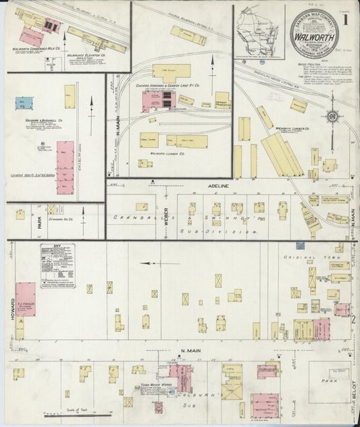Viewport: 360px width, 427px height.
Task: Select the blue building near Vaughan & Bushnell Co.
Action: pos(21,104)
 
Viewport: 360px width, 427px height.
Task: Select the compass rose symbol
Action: pos(332,118)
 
